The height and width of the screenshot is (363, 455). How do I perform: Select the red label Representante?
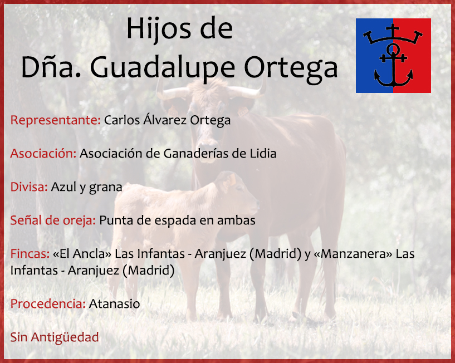click(56, 120)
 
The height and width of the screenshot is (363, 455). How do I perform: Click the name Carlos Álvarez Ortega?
click(167, 120)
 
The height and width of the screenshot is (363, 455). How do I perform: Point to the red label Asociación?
click(43, 154)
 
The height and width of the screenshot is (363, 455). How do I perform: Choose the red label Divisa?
click(29, 187)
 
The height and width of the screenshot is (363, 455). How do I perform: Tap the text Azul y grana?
click(86, 188)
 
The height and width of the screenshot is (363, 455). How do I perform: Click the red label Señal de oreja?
click(53, 220)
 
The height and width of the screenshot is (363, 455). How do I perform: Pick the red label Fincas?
click(30, 254)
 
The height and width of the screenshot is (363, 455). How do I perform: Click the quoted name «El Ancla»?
click(82, 254)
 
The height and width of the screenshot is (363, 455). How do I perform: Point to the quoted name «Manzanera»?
click(353, 254)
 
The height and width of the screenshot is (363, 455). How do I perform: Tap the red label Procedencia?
click(48, 304)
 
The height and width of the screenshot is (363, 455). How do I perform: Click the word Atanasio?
click(114, 304)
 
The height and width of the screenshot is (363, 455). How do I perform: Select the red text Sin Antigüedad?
click(55, 337)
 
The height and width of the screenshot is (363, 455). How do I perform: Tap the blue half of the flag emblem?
click(375, 56)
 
